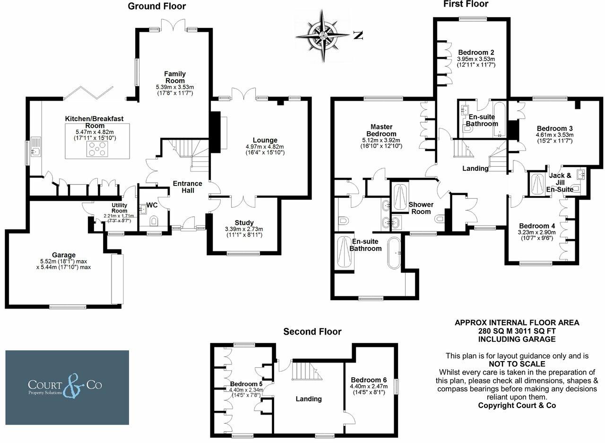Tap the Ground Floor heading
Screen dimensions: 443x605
click(x=156, y=6)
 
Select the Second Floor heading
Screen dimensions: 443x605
click(x=312, y=331)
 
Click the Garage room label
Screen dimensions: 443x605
click(x=64, y=255)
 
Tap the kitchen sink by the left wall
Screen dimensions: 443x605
click(x=35, y=151)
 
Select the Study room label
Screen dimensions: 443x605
click(x=244, y=222)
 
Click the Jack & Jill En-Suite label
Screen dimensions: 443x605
click(x=561, y=182)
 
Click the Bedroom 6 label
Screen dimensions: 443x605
click(x=369, y=380)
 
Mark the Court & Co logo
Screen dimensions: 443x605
click(x=67, y=387)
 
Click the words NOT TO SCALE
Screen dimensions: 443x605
click(x=517, y=364)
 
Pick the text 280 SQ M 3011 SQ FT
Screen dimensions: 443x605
click(x=517, y=331)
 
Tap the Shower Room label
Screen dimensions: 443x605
click(x=420, y=208)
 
